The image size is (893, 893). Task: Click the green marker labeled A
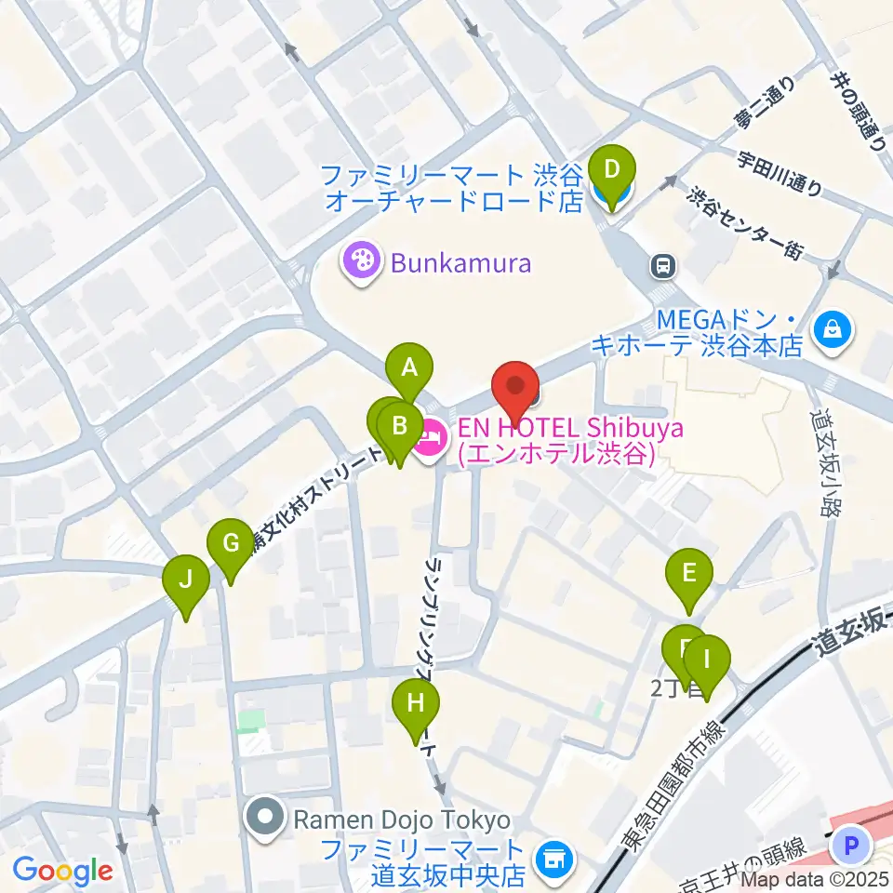click(409, 368)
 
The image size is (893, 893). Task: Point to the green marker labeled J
click(186, 581)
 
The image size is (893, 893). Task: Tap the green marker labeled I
click(706, 661)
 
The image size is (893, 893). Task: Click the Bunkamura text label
click(460, 263)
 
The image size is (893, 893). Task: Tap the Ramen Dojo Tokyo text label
click(402, 820)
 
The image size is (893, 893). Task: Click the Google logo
click(63, 871)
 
